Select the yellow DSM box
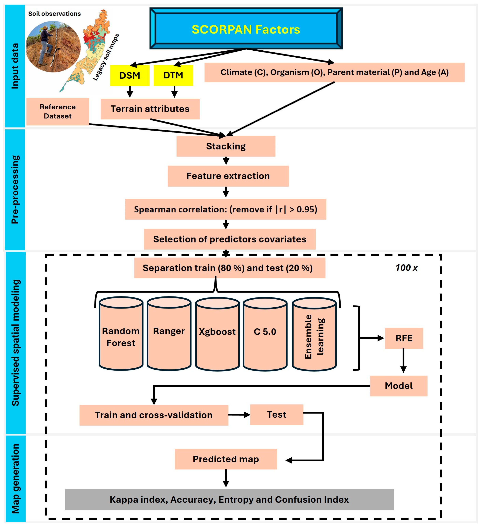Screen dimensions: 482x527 [130, 75]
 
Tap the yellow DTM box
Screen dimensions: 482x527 [173, 75]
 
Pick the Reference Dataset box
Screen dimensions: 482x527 [58, 112]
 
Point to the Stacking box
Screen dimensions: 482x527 [226, 146]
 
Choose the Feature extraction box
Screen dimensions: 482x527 [228, 176]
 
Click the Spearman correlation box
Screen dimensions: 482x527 [226, 209]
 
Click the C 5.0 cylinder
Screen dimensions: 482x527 [265, 334]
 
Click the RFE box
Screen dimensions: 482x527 [404, 338]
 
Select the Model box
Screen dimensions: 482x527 [399, 386]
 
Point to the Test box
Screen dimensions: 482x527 [277, 415]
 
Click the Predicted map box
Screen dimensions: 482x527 [226, 459]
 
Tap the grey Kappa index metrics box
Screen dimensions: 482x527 [229, 499]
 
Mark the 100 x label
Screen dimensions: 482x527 [406, 268]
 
